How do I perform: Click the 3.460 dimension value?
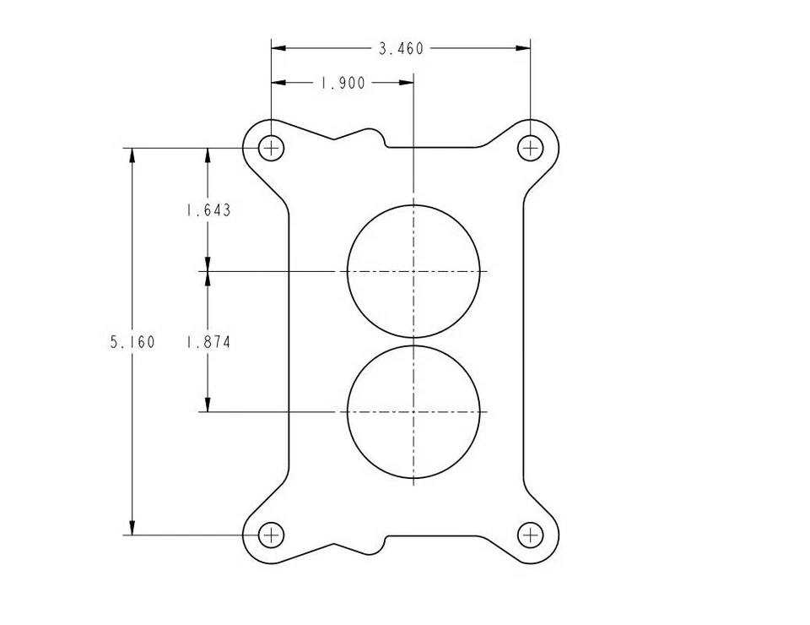coord(401,49)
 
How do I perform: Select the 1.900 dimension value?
coord(342,83)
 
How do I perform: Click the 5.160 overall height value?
coord(132,342)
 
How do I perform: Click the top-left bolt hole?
coord(271,149)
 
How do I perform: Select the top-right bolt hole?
coord(530,149)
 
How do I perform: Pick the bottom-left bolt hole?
coord(271,535)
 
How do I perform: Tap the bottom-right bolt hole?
coord(530,535)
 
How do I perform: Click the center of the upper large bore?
coord(413,271)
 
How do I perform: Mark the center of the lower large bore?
coord(413,412)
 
